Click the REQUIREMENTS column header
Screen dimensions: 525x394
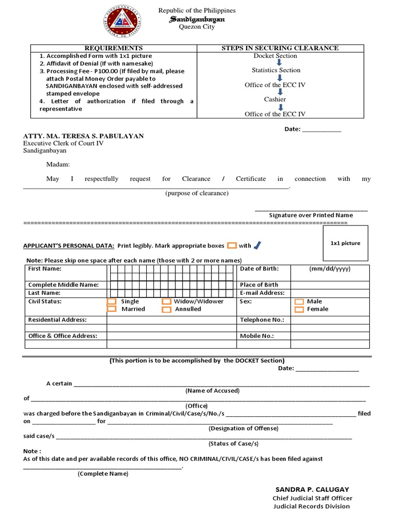114,48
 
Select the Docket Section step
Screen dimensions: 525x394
275,56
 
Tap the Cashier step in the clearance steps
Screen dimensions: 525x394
275,99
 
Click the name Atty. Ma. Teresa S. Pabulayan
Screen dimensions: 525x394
84,136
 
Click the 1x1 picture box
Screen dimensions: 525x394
345,243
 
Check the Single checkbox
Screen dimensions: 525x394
111,302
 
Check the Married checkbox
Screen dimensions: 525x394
111,309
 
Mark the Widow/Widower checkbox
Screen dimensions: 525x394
166,302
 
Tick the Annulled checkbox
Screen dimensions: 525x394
166,309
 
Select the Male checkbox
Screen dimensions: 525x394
299,302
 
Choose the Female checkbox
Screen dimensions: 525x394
299,309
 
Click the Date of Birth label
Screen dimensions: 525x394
259,269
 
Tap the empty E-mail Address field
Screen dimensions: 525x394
329,293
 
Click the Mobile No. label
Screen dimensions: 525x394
257,336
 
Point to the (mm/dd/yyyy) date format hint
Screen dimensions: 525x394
330,269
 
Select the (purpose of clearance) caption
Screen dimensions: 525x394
197,193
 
